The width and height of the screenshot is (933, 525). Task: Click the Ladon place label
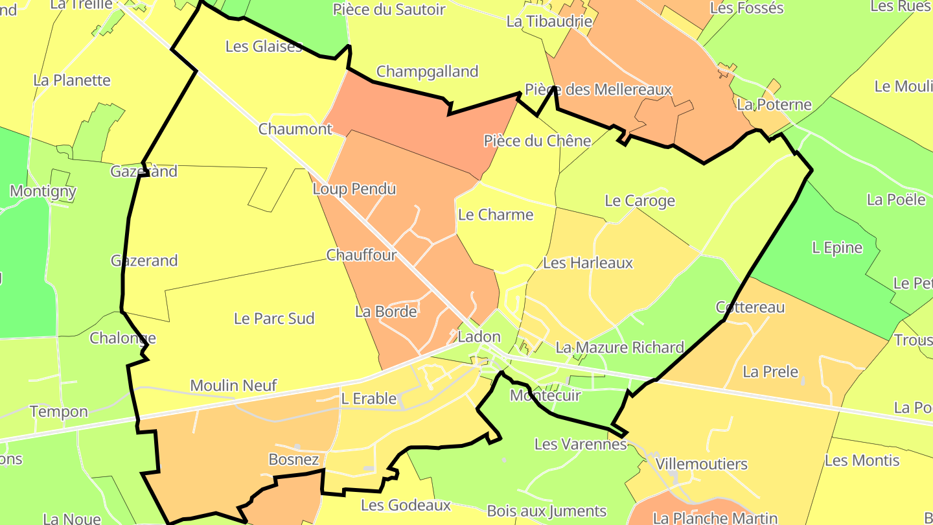[x=479, y=337]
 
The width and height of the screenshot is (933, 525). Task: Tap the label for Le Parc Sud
[x=274, y=318]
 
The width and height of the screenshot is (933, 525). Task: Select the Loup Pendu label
[x=354, y=189]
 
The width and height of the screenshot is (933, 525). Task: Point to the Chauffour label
[x=361, y=255]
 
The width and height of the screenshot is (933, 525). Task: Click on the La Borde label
[x=386, y=312]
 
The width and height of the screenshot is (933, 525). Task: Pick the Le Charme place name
[x=495, y=215]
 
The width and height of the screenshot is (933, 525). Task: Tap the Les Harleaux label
[x=587, y=262]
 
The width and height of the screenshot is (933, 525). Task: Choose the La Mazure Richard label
[x=619, y=347]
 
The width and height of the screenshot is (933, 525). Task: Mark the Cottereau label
[x=750, y=307]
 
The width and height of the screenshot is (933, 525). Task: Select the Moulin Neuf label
[x=233, y=386]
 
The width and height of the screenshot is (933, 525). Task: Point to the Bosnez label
[x=294, y=460]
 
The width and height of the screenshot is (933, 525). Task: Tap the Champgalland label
[x=427, y=71]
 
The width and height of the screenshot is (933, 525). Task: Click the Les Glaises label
[x=264, y=46]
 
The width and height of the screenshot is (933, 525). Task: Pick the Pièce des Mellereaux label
[x=598, y=89]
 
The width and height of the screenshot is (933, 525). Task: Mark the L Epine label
[x=837, y=248]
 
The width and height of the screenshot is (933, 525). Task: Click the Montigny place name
[x=43, y=191]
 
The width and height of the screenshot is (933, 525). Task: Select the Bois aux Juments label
[x=546, y=511]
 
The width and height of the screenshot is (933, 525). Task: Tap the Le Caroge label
[x=639, y=201]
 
